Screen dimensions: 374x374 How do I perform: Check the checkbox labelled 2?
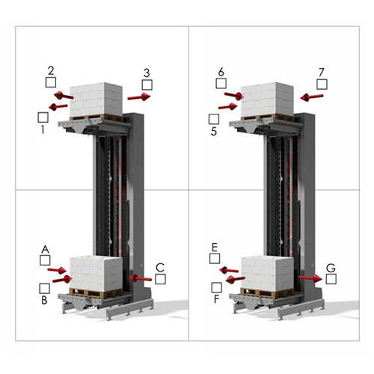pyautogui.click(x=51, y=82)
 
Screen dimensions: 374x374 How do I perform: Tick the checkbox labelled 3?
pyautogui.click(x=147, y=85)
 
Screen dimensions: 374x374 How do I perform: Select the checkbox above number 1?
pyautogui.click(x=43, y=117)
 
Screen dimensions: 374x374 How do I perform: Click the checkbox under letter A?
pyautogui.click(x=45, y=260)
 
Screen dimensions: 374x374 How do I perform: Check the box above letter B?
pyautogui.click(x=45, y=289)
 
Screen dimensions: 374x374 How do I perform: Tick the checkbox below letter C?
pyautogui.click(x=160, y=279)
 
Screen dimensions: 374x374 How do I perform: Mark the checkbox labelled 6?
pyautogui.click(x=221, y=83)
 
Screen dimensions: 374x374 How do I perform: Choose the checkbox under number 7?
pyautogui.click(x=322, y=85)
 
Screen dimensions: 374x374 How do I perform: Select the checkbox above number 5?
pyautogui.click(x=214, y=119)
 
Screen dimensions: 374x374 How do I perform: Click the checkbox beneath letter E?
pyautogui.click(x=215, y=259)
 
